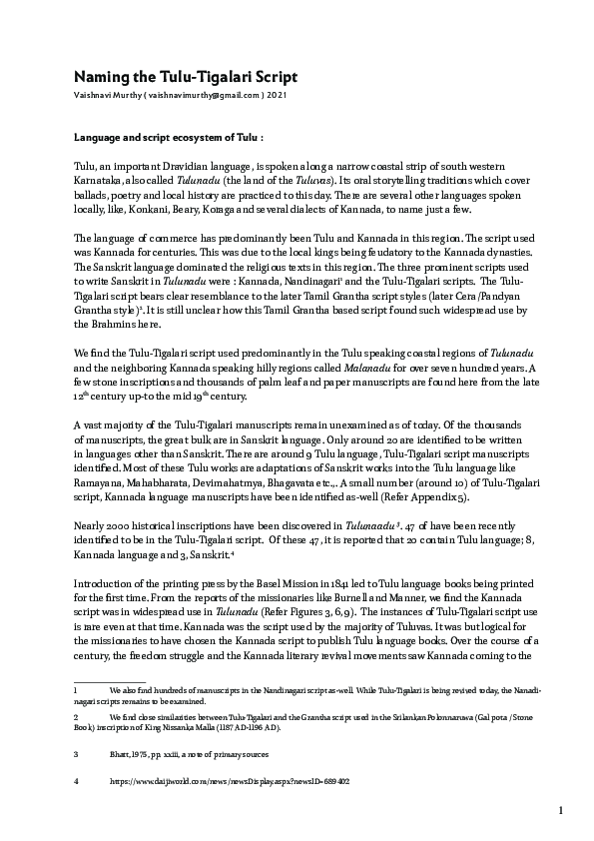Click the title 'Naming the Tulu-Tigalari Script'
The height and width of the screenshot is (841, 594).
186,77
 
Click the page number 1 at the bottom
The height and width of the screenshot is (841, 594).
561,809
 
